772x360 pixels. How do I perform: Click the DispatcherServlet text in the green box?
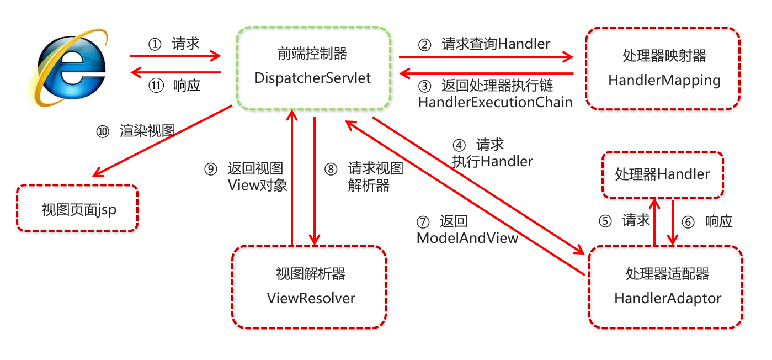coord(313,78)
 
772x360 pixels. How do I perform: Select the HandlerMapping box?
coord(663,68)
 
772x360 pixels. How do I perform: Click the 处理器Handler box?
coord(662,174)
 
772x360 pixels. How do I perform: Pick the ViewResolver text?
coord(311,298)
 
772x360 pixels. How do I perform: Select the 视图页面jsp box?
coord(78,208)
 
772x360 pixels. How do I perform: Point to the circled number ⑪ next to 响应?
coord(156,86)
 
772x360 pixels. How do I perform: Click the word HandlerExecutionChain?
coord(495,102)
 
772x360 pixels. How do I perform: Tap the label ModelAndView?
coord(467,238)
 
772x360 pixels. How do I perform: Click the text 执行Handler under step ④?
coord(492,161)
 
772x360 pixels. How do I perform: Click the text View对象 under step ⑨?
coord(257,185)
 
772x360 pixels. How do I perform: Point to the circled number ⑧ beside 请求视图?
coord(331,169)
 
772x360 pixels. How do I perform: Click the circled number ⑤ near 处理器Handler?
coord(605,221)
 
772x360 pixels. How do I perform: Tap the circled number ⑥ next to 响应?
coord(687,222)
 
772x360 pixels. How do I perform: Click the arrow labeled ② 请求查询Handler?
coord(486,56)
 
